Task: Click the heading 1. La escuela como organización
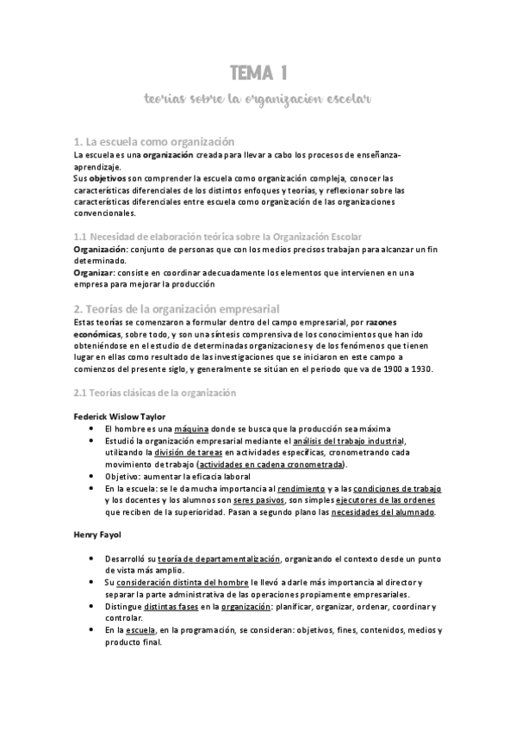154,140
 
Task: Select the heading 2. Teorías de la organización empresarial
177,308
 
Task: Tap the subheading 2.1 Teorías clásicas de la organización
154,393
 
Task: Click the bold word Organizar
94,272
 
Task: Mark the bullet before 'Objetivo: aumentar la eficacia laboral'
92,476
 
